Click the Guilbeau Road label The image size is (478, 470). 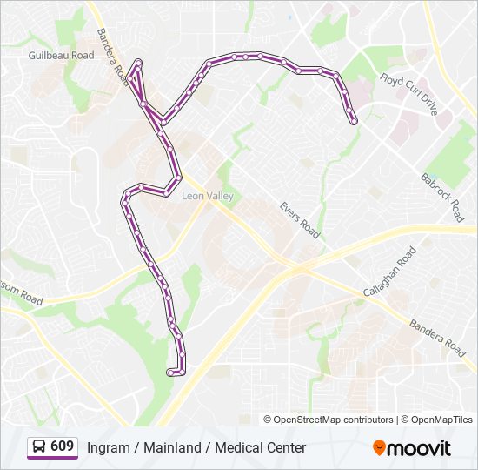coord(61,55)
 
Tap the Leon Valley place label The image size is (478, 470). coord(207,197)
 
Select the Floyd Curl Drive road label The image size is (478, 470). coord(408,93)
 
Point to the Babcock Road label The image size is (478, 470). coord(442,197)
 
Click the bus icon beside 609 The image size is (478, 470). coord(38,447)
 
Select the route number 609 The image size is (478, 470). coord(63,446)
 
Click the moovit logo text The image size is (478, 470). coord(419,448)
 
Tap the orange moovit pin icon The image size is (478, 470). coord(379,447)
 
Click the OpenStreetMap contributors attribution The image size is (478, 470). coord(334,420)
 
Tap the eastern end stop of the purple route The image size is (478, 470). coord(355,123)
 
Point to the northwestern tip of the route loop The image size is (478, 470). coord(139,63)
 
